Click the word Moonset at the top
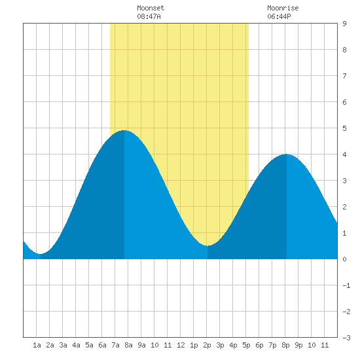(151, 8)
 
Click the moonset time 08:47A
(149, 16)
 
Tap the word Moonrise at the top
(283, 8)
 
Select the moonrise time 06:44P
(279, 16)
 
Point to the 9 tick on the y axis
(344, 24)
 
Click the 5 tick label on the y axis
(344, 128)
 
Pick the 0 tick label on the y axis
(344, 259)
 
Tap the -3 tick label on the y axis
(346, 338)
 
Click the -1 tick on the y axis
(346, 285)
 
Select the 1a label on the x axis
(37, 345)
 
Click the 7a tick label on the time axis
(115, 345)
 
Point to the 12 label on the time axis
(181, 345)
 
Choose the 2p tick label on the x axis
(207, 345)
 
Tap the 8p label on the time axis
(285, 345)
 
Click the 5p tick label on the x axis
(246, 345)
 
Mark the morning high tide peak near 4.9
(124, 130)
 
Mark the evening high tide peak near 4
(286, 154)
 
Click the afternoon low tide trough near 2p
(207, 245)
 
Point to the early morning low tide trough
(41, 254)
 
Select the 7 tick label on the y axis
(344, 76)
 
